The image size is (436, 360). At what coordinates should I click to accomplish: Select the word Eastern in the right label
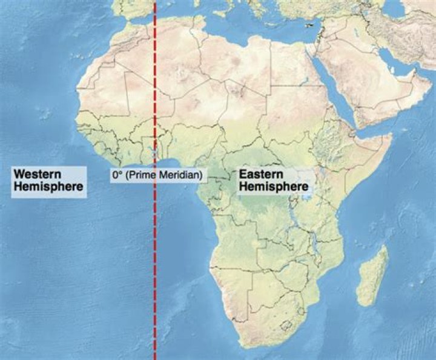click(259, 175)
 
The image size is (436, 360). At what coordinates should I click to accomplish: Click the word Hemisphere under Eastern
click(274, 187)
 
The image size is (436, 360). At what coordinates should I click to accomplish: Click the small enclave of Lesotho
click(295, 327)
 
